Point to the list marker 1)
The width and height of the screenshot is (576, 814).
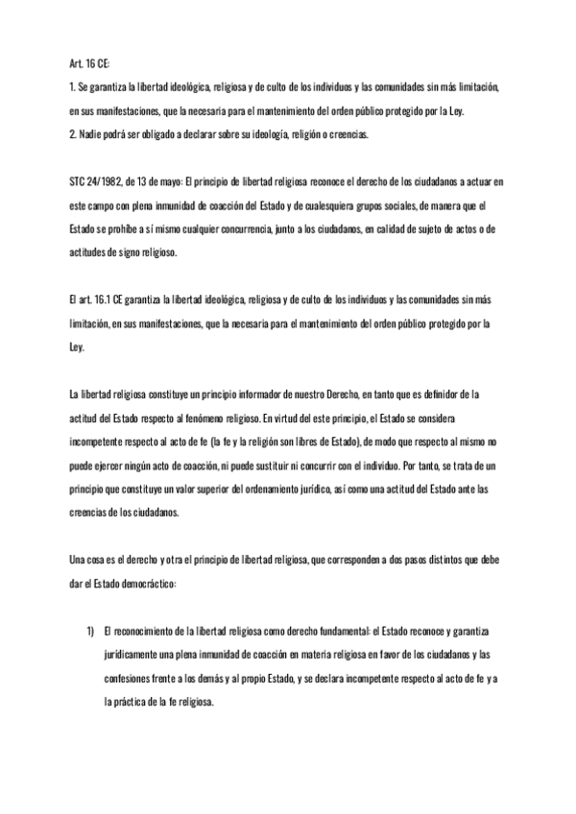[90, 630]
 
